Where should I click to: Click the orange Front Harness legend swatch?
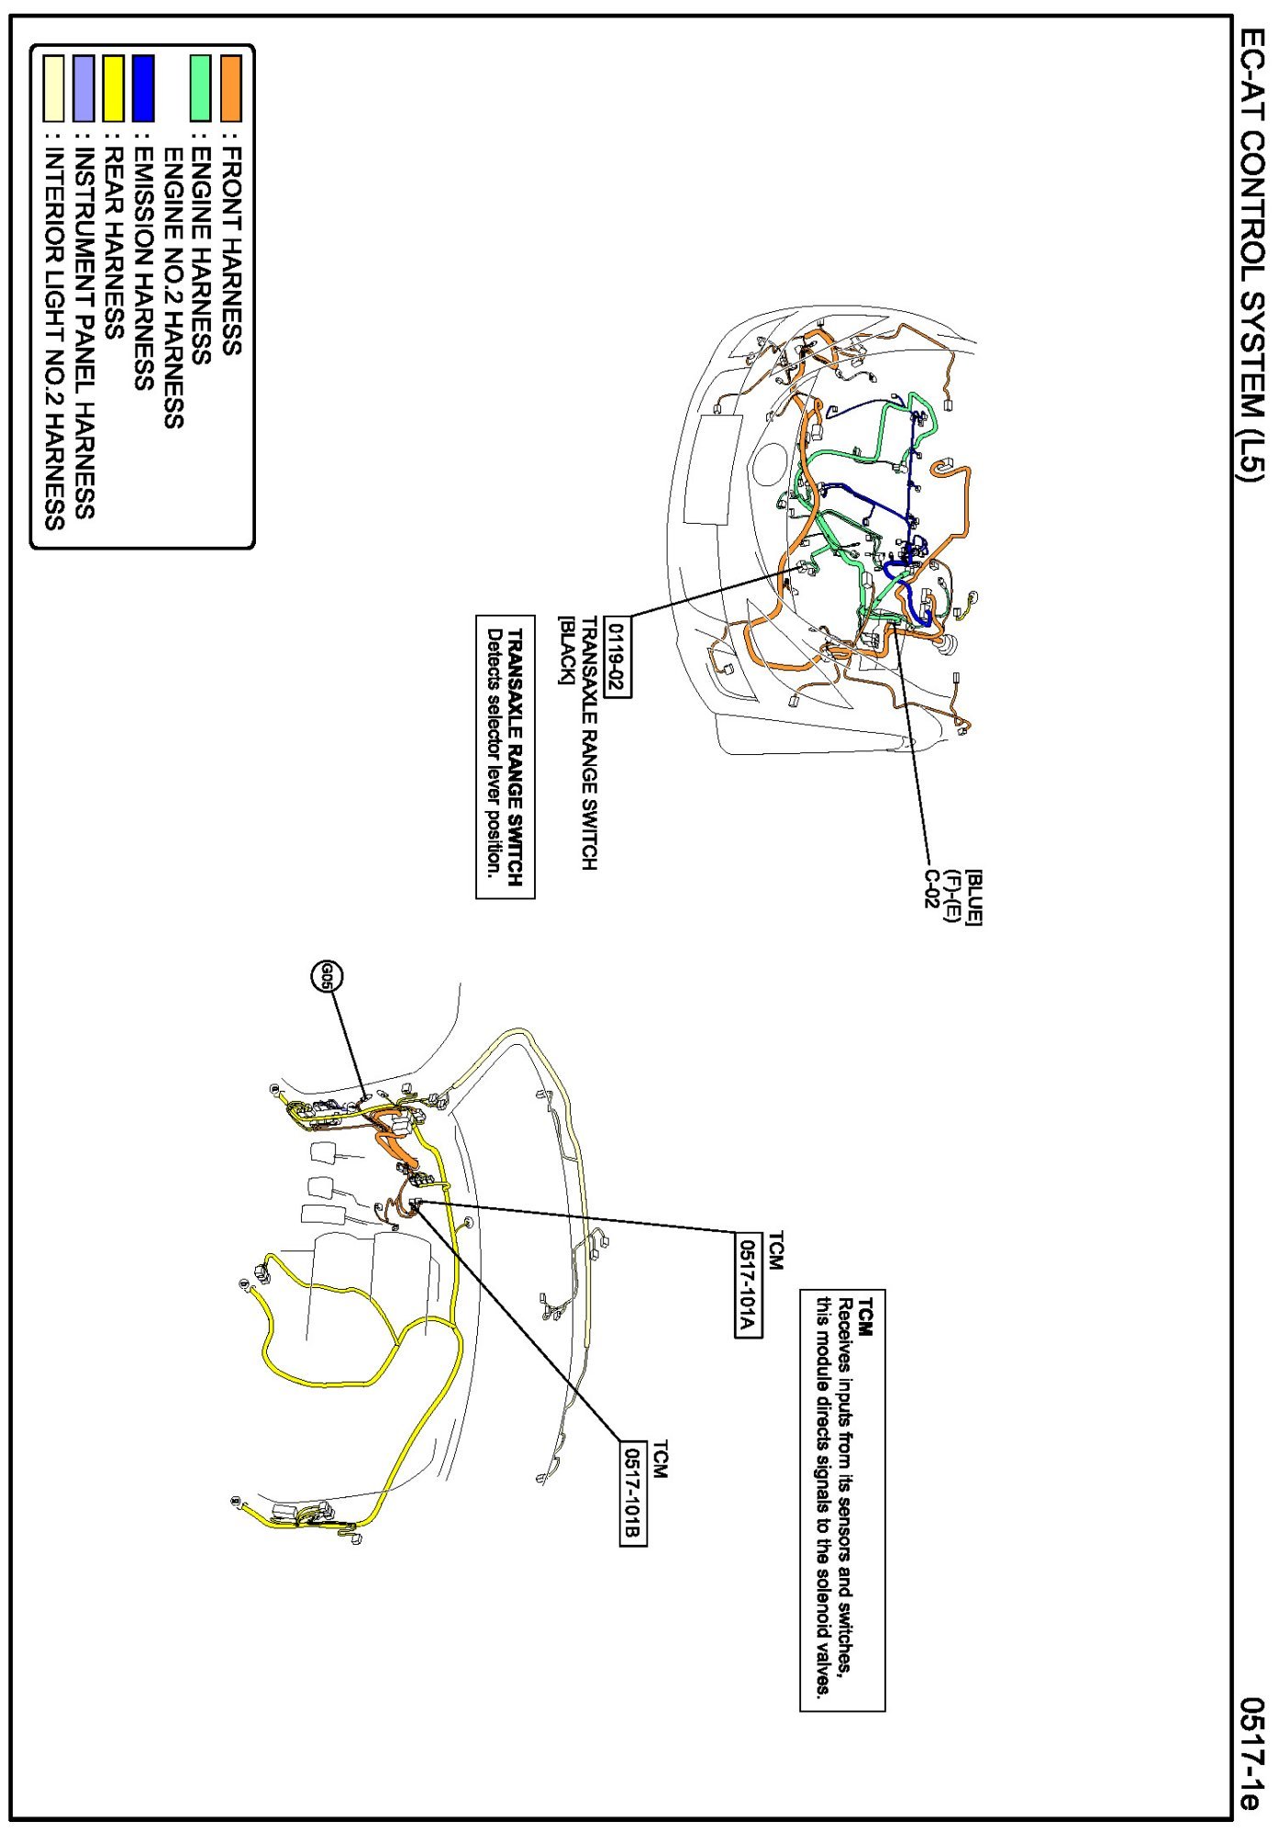tap(230, 88)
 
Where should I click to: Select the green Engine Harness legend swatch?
tap(200, 88)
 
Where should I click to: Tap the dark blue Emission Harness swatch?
tap(143, 88)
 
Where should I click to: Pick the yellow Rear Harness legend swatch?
tap(113, 88)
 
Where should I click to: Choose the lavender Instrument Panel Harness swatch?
tap(83, 88)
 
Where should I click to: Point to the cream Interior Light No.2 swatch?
tap(54, 88)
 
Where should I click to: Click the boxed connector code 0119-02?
tap(617, 657)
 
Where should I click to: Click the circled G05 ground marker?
tap(326, 977)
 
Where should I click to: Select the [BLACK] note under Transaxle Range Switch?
tap(566, 650)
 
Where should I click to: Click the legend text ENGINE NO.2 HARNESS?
tap(172, 287)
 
